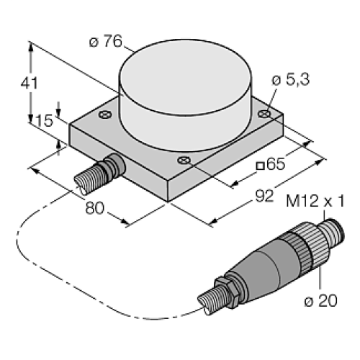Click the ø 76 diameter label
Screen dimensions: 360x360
point(105,41)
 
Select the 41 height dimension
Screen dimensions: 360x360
point(28,83)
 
